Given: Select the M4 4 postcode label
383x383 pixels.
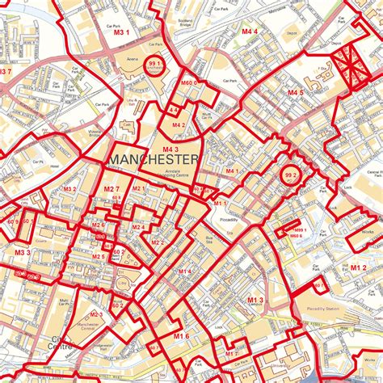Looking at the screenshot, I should click(x=249, y=32).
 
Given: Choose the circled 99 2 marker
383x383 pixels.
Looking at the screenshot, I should click(x=289, y=174).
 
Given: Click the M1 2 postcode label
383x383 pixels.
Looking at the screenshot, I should click(x=359, y=265).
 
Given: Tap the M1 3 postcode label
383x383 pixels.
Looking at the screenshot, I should click(x=255, y=300).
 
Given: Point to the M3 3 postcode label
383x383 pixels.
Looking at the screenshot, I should click(x=22, y=253).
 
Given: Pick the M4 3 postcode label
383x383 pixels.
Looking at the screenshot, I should click(x=170, y=149).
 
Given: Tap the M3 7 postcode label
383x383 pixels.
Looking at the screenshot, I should click(x=6, y=72).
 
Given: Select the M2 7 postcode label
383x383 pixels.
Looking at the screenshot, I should click(x=111, y=189).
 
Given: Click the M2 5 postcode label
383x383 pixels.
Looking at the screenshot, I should click(x=98, y=257).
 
